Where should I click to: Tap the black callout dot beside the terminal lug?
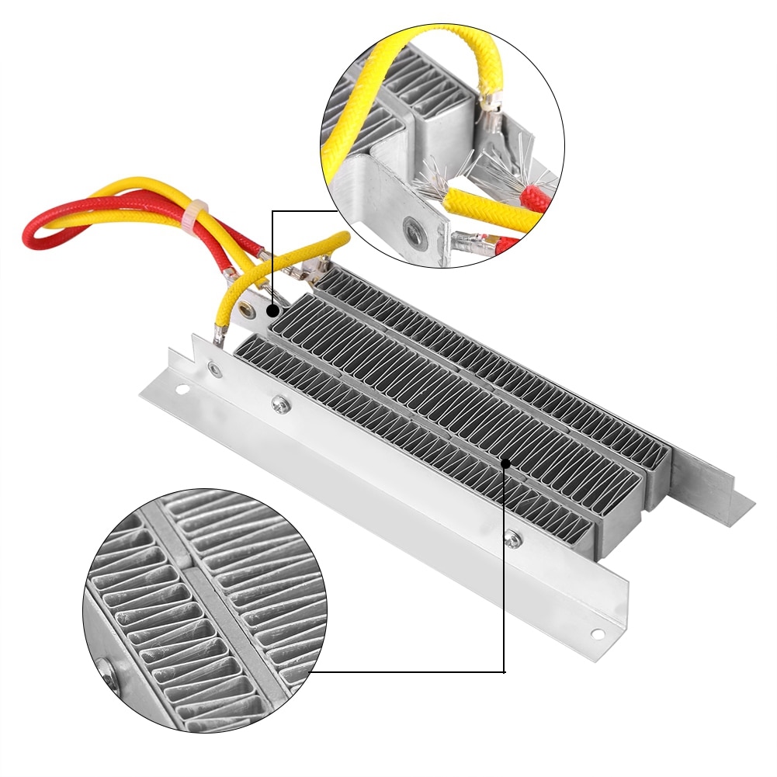coord(272,310)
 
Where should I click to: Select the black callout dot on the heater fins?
coord(505,463)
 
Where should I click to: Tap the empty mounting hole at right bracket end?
coord(597,633)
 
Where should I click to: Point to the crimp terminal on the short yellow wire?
coord(220,335)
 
